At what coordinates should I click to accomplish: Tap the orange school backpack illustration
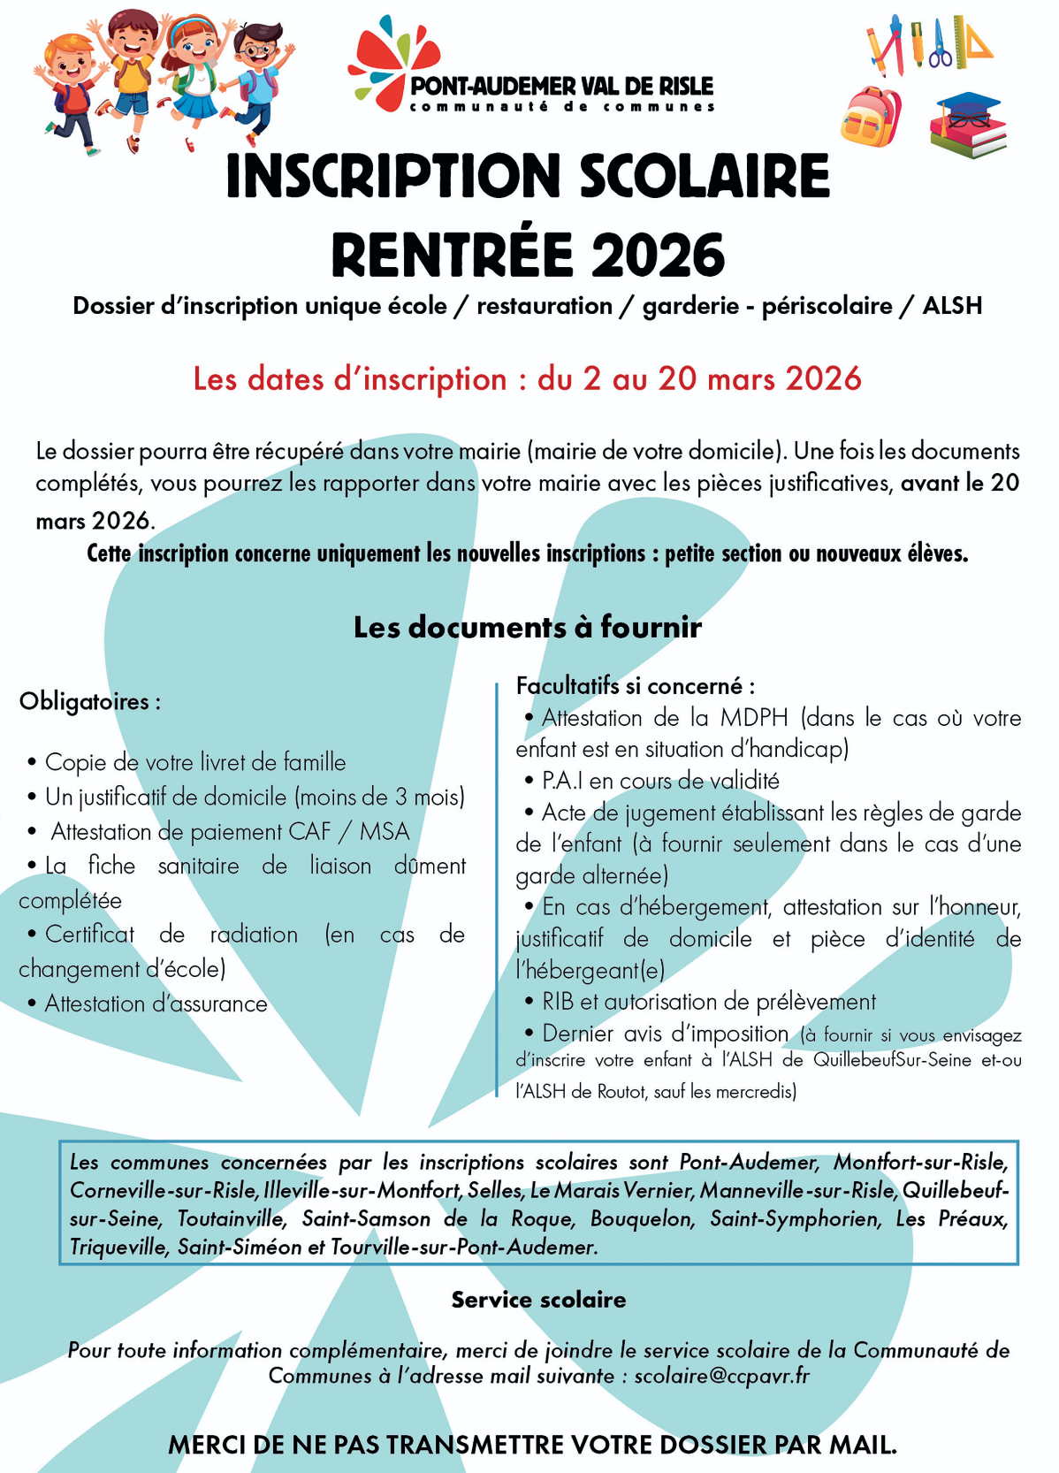pyautogui.click(x=871, y=117)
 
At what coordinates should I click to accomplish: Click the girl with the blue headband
pyautogui.click(x=194, y=75)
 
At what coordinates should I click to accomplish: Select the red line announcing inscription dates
pyautogui.click(x=528, y=378)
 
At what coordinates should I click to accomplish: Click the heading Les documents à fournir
pyautogui.click(x=528, y=627)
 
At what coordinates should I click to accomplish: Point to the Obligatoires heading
pyautogui.click(x=89, y=702)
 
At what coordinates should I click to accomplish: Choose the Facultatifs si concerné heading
pyautogui.click(x=635, y=686)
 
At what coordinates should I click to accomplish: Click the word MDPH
pyautogui.click(x=753, y=718)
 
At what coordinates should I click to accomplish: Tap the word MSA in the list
pyautogui.click(x=385, y=832)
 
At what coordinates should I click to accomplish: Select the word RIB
pyautogui.click(x=558, y=1002)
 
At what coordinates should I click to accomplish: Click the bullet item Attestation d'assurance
pyautogui.click(x=156, y=1004)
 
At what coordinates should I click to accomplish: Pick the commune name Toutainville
pyautogui.click(x=232, y=1219)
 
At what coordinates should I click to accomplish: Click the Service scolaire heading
pyautogui.click(x=538, y=1300)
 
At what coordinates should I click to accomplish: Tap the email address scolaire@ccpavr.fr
pyautogui.click(x=721, y=1376)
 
